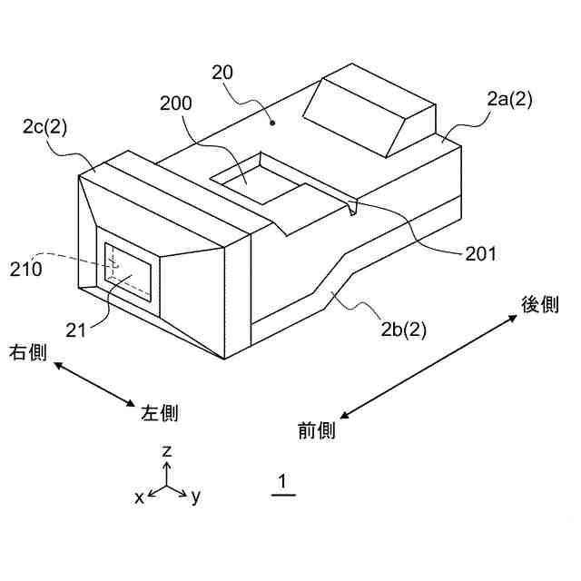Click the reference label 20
point(224,73)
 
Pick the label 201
point(480,253)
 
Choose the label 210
point(25,269)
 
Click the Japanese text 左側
point(160,414)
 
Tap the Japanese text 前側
point(317,430)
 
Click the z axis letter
point(166,451)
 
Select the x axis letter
point(139,497)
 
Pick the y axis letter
point(195,497)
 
